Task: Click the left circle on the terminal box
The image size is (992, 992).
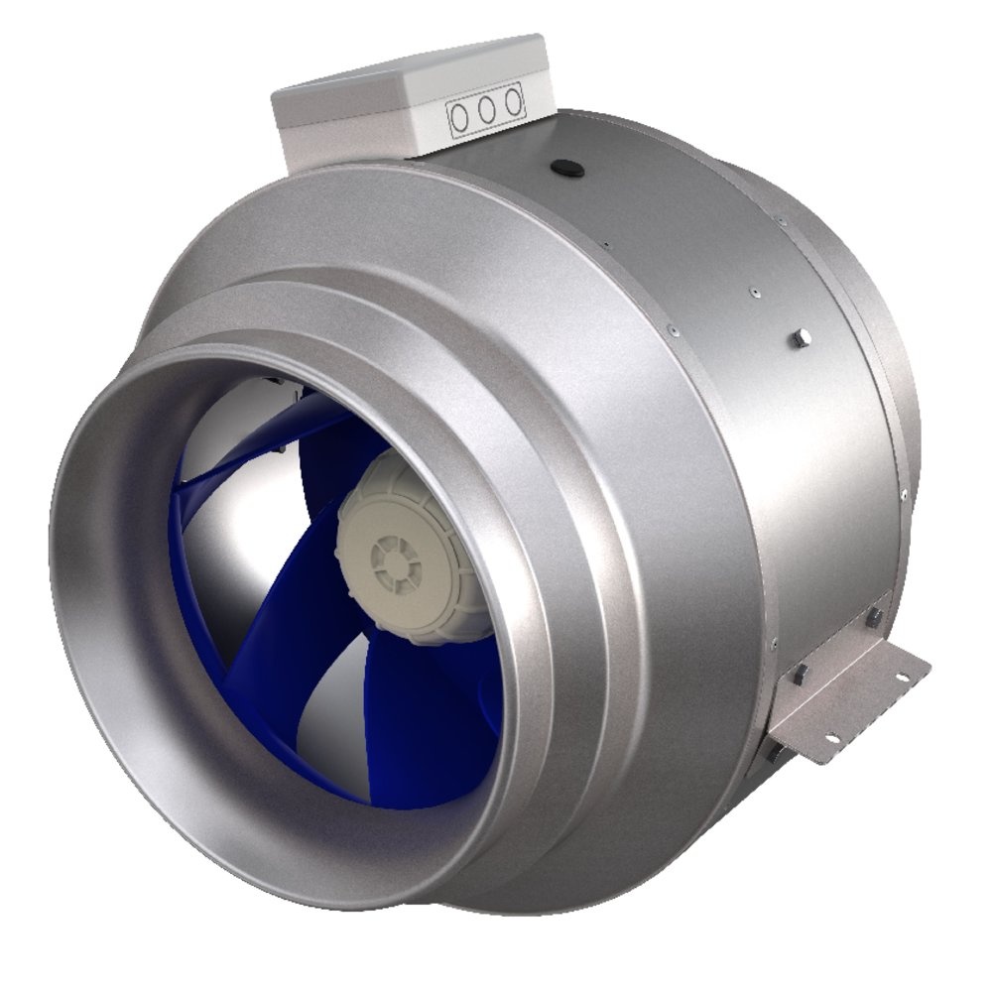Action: click(461, 117)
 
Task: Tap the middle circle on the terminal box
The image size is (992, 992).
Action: click(487, 112)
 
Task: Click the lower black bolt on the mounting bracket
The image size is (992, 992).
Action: click(799, 676)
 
